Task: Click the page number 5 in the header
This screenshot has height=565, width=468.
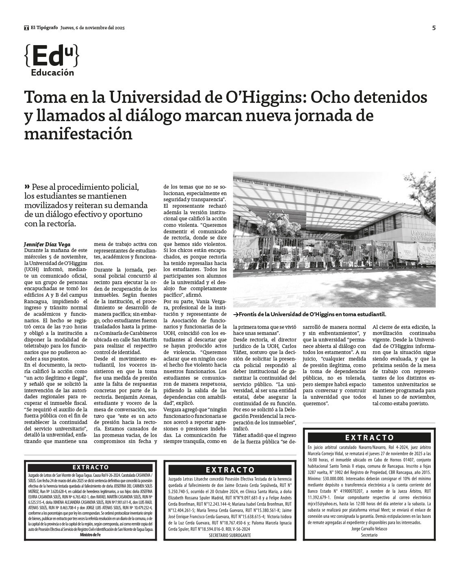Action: click(434, 28)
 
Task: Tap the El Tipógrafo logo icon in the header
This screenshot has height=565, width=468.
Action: click(26, 28)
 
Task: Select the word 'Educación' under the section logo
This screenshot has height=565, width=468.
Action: click(52, 73)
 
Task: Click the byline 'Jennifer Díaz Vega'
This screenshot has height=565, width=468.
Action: click(47, 244)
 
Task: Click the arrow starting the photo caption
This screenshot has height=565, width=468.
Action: click(236, 314)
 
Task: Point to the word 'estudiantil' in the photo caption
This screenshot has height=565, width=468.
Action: click(370, 314)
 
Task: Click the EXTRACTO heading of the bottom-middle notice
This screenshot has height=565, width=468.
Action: click(230, 470)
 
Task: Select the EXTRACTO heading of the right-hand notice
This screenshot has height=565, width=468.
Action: click(369, 438)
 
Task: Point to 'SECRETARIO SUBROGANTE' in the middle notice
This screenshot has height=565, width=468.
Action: click(230, 535)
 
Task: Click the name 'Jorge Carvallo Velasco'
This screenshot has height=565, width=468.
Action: click(369, 529)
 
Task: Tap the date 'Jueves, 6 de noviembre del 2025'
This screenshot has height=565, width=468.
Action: click(92, 28)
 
